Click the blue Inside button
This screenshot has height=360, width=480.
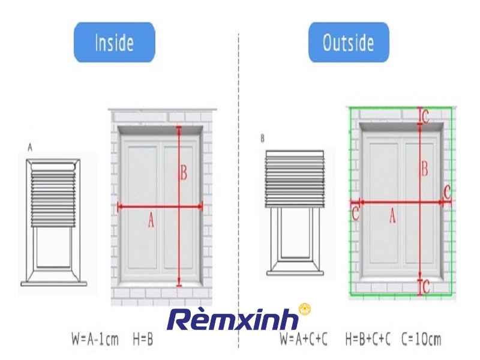(115, 42)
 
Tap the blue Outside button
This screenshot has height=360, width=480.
(349, 42)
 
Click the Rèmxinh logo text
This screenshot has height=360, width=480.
(233, 319)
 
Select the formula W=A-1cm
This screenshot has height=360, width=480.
(95, 339)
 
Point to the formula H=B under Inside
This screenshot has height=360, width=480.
(143, 339)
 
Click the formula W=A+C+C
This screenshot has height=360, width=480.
(304, 339)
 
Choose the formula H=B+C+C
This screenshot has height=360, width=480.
(368, 339)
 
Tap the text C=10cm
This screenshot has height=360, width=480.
(421, 339)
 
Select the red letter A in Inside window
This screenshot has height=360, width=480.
(151, 220)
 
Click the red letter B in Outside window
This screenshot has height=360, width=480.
(425, 169)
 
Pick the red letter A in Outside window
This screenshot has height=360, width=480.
(392, 216)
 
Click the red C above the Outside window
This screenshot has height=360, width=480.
(425, 116)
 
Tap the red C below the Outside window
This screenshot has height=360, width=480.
(426, 287)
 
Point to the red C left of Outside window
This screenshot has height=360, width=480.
(355, 214)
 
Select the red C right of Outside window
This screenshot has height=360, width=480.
(447, 192)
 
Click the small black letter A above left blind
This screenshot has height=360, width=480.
(30, 148)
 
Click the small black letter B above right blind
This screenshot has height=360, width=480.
(262, 139)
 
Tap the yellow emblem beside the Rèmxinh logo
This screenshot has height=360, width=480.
(305, 310)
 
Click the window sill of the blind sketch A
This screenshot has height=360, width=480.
(53, 284)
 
